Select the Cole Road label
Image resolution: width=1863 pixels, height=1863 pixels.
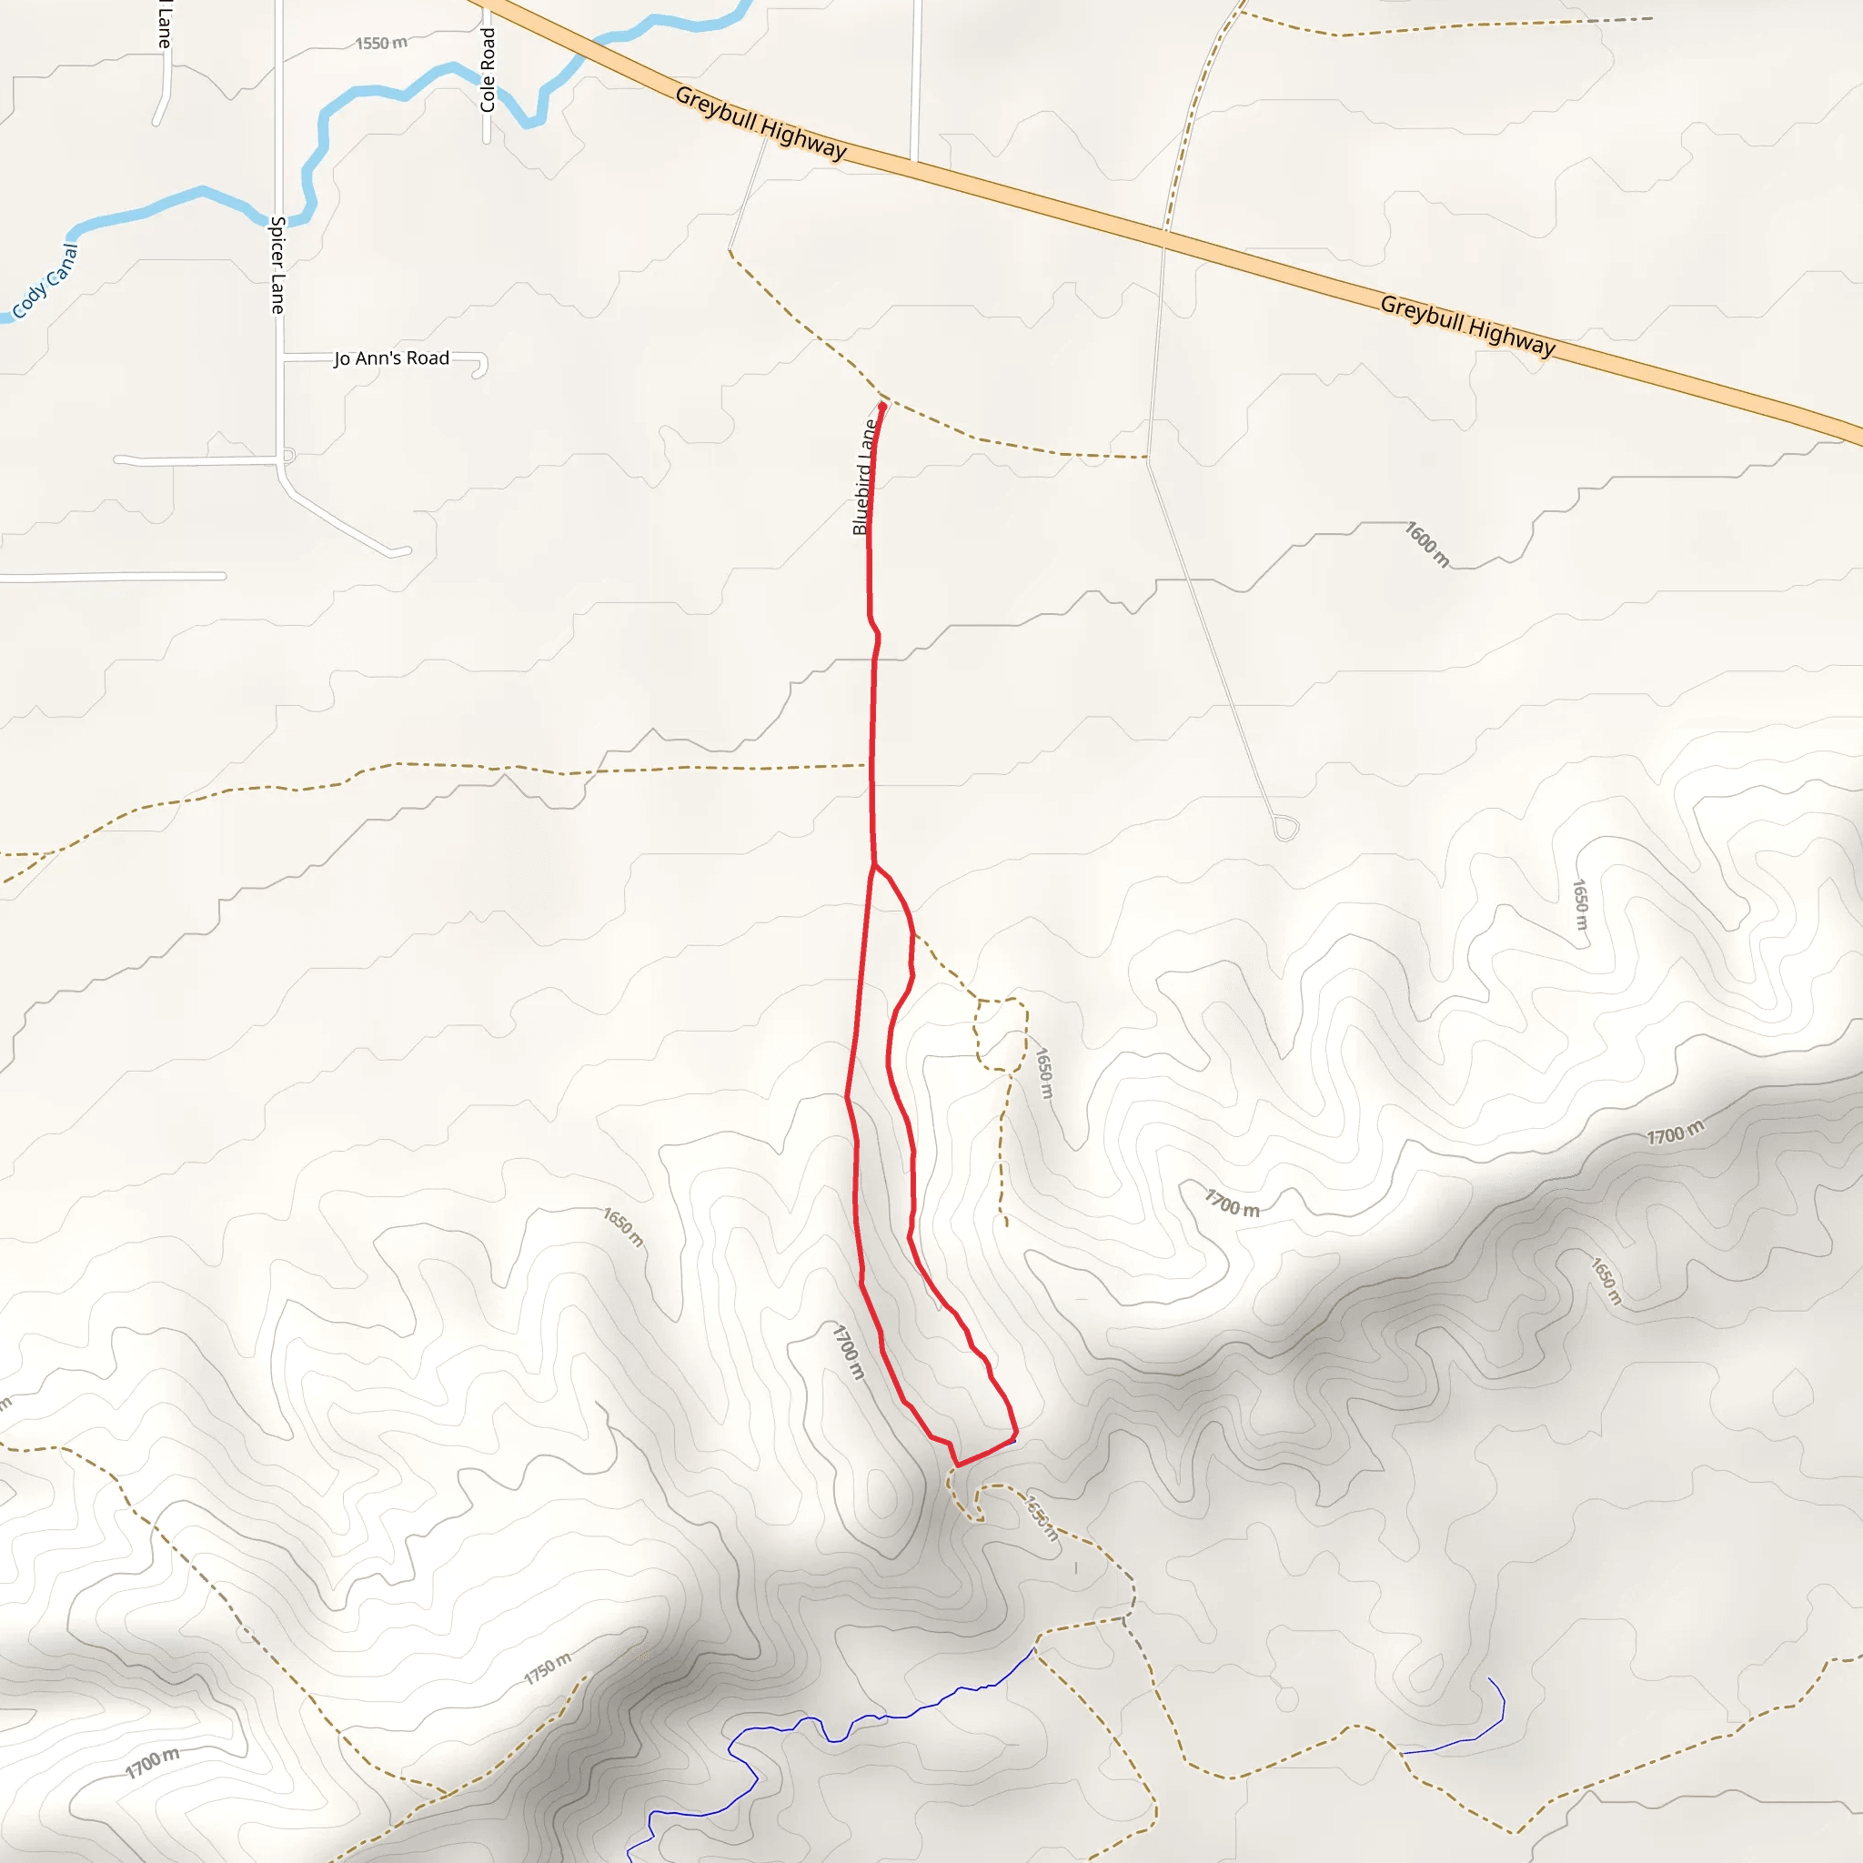coord(488,69)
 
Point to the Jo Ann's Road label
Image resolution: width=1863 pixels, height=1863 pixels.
coord(391,358)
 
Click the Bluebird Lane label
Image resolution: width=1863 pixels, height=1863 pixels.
coord(864,478)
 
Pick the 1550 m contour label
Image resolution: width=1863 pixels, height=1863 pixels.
coord(381,44)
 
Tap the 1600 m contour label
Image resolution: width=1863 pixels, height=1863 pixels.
coord(1427,545)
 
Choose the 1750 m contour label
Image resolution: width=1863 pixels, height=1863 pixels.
coord(548,1669)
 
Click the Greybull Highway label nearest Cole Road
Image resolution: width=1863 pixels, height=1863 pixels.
coord(760,124)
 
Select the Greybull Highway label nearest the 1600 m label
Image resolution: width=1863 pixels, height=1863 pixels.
coord(1467,325)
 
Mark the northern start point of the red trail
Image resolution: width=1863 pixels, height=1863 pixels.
coord(882,407)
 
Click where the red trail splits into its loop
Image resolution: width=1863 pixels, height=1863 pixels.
coord(873,866)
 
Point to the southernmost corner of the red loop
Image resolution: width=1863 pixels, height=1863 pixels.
coord(957,1465)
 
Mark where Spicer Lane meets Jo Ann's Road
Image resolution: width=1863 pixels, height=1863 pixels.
coord(280,358)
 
